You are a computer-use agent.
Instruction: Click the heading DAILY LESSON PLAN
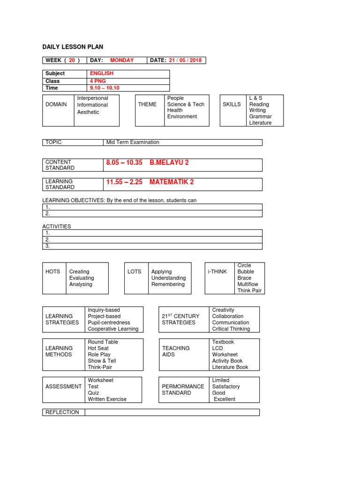73,47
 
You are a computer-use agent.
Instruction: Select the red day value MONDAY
122,60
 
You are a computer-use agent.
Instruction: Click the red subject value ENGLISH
102,74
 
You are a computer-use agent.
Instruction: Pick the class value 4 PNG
98,81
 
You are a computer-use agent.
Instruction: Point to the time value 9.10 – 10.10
105,88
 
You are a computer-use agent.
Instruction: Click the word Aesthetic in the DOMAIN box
88,112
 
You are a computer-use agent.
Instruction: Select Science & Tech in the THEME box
186,105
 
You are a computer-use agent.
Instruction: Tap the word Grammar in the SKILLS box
260,117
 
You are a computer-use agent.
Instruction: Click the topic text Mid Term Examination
133,142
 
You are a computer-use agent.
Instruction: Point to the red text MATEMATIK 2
172,182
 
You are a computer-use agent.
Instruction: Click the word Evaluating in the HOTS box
82,278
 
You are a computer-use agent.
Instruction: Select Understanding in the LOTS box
168,278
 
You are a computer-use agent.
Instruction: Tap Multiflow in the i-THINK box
247,284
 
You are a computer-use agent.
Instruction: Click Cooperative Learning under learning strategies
113,329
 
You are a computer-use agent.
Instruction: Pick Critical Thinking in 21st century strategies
231,329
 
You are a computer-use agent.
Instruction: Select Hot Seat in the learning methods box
98,348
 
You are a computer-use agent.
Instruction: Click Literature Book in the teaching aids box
230,367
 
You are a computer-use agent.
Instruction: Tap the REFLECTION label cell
63,412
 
